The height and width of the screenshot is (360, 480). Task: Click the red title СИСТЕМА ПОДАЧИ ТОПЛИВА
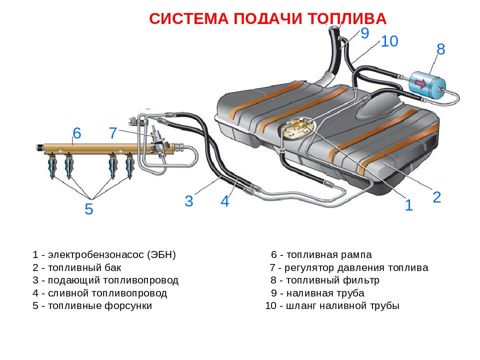(x=268, y=19)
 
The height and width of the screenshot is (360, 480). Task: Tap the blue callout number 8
(x=440, y=49)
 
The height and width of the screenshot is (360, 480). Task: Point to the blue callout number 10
(x=389, y=41)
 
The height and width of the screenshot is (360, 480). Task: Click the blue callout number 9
(x=364, y=33)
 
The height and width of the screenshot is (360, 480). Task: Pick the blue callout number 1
(x=408, y=205)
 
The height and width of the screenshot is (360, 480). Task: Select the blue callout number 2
(x=436, y=197)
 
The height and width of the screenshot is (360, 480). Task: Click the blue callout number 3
(x=188, y=201)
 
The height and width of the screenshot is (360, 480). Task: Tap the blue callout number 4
(x=225, y=201)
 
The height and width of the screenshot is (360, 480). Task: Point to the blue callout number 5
(x=88, y=209)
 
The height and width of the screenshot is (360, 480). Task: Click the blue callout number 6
(x=76, y=133)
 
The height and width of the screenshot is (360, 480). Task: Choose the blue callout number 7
(x=113, y=133)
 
